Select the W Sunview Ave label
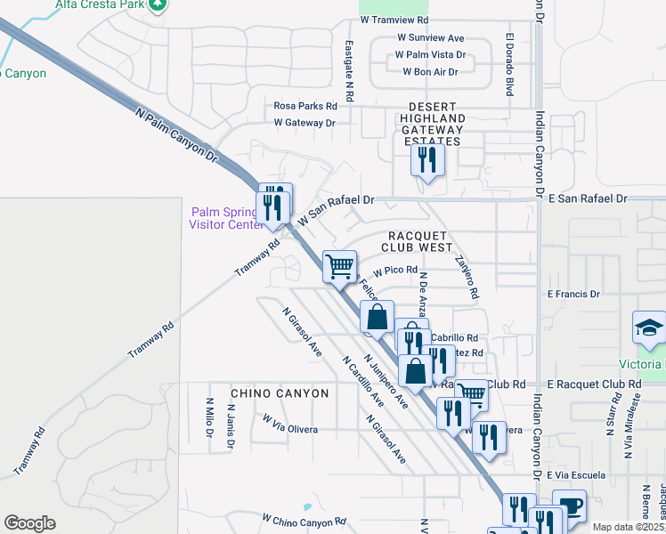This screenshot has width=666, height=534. tap(431, 38)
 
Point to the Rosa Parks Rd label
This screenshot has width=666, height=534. tap(305, 106)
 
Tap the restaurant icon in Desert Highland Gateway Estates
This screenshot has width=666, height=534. tap(427, 161)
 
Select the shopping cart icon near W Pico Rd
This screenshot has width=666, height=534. tap(339, 265)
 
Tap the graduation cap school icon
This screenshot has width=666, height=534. tap(649, 328)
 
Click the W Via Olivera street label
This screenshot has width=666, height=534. tap(290, 428)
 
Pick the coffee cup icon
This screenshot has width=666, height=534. tap(569, 506)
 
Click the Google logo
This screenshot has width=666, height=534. tap(29, 523)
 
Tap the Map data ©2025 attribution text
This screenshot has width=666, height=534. tap(628, 527)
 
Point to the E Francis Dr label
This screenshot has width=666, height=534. tap(574, 294)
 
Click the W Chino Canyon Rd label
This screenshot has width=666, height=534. tap(303, 519)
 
